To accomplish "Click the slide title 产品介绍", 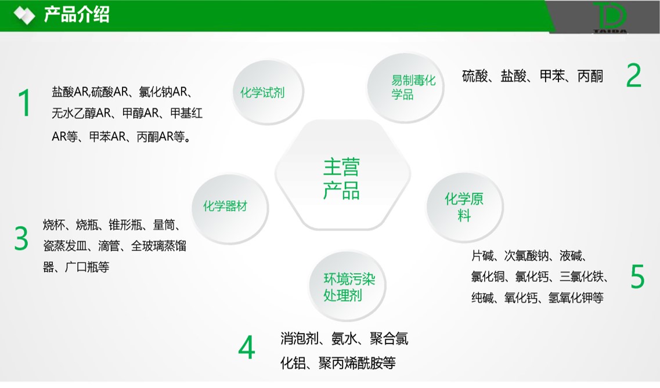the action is point(77,14).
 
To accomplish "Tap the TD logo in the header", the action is point(610,17).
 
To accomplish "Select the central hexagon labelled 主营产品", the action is point(342,175).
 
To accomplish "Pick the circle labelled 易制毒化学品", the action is point(405,88).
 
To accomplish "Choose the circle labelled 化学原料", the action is point(465,207).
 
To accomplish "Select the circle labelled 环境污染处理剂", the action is point(348,287).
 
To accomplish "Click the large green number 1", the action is point(24,103).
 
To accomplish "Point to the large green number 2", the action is point(633,75).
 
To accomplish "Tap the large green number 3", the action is point(21,238).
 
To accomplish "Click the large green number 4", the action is point(247,347).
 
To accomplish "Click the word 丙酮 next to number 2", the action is point(590,76).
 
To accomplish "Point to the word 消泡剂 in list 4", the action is point(300,338).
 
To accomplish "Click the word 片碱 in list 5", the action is point(482,256).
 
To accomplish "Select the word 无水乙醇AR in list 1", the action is point(81,113).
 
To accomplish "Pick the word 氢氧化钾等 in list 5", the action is point(576,298).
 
